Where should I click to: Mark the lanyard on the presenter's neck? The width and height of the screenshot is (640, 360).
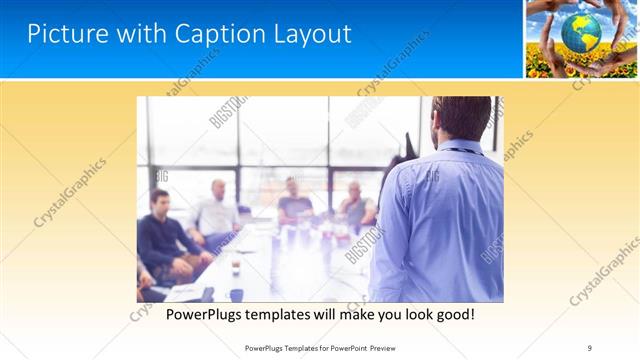[x=459, y=151]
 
